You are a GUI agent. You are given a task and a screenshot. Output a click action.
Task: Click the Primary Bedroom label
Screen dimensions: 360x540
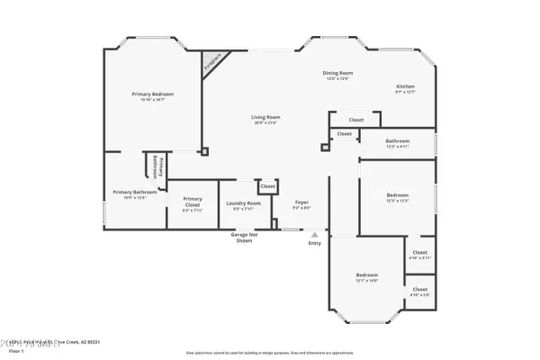[x=152, y=94]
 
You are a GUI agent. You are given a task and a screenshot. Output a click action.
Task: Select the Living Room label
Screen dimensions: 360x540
[x=265, y=117]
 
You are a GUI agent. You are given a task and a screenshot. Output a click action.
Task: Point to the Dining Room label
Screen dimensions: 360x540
[x=337, y=73]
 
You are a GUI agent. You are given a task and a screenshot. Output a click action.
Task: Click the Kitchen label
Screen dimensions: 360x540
[x=406, y=86]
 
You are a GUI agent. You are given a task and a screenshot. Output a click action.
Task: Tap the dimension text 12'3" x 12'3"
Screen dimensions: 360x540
[x=398, y=202]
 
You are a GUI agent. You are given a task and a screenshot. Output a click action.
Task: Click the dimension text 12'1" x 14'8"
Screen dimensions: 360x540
[x=366, y=281]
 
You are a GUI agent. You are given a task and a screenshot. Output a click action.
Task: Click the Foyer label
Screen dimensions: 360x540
[x=302, y=202]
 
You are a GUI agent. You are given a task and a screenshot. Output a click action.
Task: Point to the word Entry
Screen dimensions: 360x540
[x=314, y=243]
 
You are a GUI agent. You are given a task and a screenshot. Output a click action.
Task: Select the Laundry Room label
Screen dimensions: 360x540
[x=243, y=202]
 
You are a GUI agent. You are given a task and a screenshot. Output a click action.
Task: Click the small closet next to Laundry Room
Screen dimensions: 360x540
[x=267, y=187]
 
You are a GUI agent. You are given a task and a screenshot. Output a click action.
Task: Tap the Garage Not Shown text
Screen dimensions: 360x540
[x=243, y=238]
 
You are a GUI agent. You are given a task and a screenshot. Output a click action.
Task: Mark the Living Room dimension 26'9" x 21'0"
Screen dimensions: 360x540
[x=265, y=123]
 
